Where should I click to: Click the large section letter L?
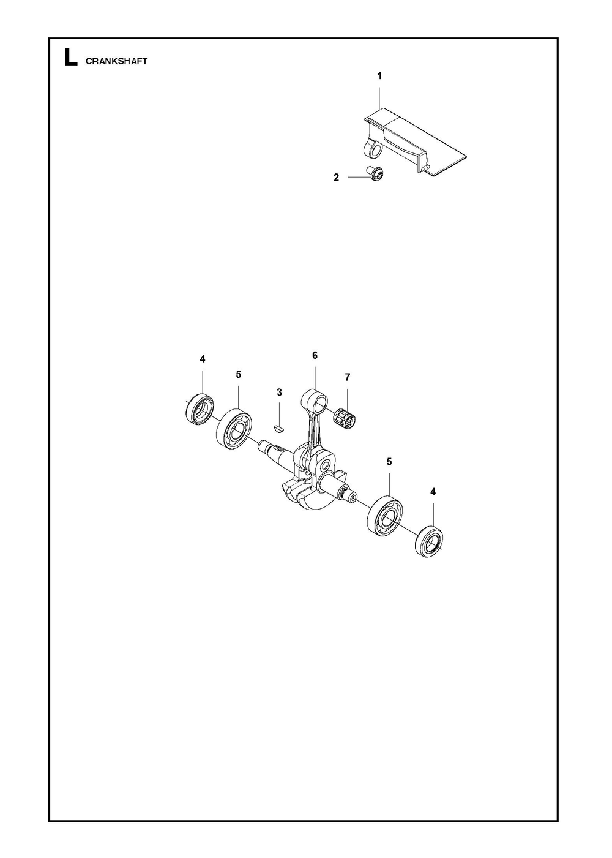pos(71,58)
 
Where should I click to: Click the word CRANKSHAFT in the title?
pos(116,61)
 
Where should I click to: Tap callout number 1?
pos(379,76)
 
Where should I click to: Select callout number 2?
pos(336,178)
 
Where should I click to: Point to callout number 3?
pos(280,392)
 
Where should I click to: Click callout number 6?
pos(315,355)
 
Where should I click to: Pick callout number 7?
pos(347,377)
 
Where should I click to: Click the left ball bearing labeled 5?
pos(233,429)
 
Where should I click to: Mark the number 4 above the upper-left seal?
pos(203,359)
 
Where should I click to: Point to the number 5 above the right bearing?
pos(389,462)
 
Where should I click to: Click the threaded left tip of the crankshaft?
pos(264,445)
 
